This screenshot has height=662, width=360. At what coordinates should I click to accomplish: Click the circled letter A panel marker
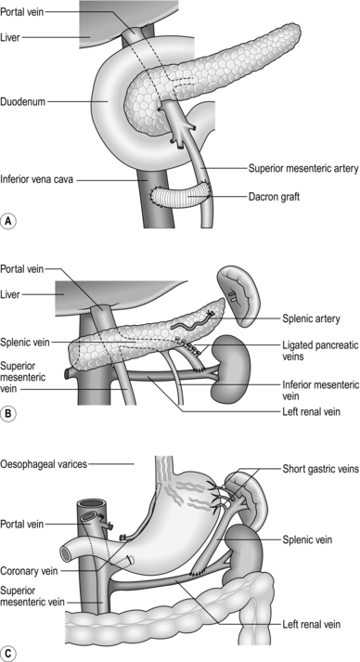pos(8,221)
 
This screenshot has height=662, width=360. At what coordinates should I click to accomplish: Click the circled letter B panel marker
pos(8,414)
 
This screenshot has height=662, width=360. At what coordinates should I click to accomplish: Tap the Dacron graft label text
pos(273,196)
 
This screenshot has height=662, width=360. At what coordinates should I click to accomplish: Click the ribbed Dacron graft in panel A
pos(181,195)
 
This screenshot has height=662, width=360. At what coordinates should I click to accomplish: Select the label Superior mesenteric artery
pos(303,168)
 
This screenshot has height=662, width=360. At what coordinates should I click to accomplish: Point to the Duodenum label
pos(23,101)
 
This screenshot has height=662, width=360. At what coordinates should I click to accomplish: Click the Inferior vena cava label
pos(37,179)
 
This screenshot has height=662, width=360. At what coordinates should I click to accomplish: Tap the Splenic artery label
pos(311,318)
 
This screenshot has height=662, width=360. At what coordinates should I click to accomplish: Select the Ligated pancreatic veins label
pos(320,350)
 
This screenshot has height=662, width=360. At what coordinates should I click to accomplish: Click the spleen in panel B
pos(241,296)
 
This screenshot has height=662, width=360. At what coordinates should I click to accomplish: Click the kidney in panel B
pos(231,369)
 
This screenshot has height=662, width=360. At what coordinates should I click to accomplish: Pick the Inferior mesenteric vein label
pos(320,390)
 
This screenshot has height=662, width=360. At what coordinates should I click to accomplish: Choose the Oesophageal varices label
pos(44,464)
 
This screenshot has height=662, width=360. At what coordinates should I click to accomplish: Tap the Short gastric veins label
pos(320,469)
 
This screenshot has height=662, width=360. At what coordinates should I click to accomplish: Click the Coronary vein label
pos(29,571)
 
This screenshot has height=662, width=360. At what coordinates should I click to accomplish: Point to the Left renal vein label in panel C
pos(311,624)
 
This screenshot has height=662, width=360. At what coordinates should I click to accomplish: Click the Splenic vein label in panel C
pos(307,539)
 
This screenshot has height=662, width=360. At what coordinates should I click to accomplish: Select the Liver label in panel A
pos(10,37)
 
